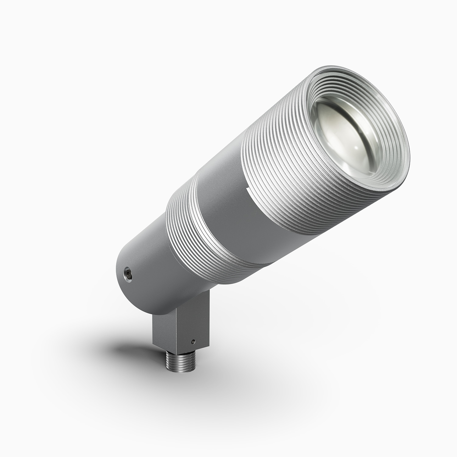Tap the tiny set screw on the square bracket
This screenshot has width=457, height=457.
[x=193, y=342]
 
